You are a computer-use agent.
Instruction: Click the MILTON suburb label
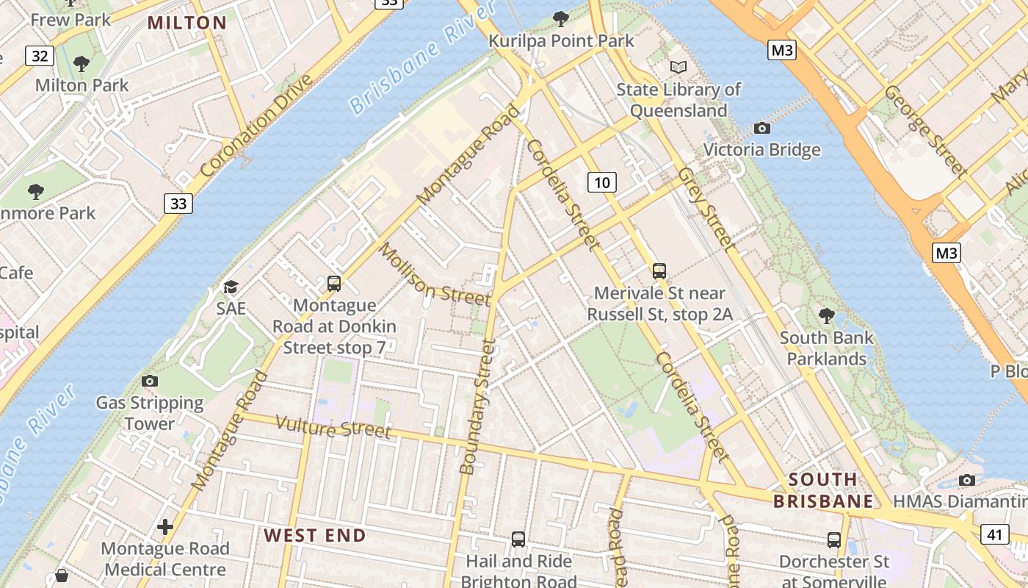187,23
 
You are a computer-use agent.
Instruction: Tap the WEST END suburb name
315,535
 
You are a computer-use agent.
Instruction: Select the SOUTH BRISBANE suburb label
823,490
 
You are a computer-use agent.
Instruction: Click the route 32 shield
40,56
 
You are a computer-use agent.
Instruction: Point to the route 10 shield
601,182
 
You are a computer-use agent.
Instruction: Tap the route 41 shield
994,534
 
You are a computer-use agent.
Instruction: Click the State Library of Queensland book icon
678,67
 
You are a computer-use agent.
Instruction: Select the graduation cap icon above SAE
231,287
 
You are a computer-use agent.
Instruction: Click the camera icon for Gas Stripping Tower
150,381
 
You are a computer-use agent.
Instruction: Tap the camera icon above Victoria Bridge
762,129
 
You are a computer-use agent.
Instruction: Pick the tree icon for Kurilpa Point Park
561,18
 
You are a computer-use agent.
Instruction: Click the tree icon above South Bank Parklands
827,316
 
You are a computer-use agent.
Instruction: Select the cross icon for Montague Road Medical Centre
165,527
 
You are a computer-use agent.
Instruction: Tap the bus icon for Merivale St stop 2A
659,271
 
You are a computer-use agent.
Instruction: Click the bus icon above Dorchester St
834,540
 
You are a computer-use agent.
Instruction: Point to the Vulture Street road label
333,427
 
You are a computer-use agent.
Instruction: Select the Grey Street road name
706,209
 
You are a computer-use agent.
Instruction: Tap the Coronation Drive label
256,134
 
